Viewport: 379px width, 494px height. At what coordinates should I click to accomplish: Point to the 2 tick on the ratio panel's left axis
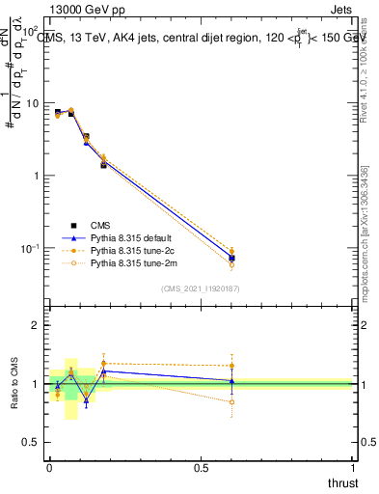point(37,325)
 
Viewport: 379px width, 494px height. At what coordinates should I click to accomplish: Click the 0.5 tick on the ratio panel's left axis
point(32,443)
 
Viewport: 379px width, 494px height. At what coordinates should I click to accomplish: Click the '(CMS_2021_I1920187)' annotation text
point(201,288)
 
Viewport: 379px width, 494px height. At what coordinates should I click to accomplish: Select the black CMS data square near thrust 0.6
point(230,259)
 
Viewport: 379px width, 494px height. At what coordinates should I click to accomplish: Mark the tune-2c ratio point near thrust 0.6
point(230,366)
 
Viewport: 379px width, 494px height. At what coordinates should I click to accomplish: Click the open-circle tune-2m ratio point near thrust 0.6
point(230,402)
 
